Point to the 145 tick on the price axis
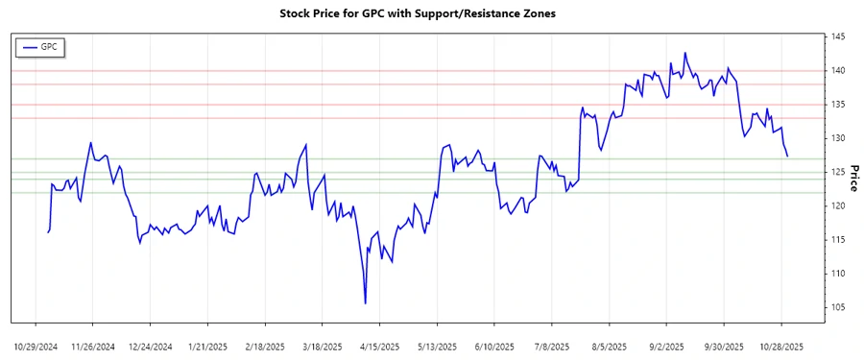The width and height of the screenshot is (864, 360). pyautogui.click(x=838, y=37)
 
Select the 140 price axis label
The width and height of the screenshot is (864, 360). pyautogui.click(x=838, y=71)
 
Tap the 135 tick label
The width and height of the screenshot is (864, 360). pyautogui.click(x=838, y=105)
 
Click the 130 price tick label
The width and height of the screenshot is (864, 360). pyautogui.click(x=838, y=138)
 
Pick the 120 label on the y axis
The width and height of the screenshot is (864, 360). pyautogui.click(x=838, y=206)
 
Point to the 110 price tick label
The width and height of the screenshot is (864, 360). pyautogui.click(x=838, y=274)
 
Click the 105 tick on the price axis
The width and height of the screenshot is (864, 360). pyautogui.click(x=838, y=307)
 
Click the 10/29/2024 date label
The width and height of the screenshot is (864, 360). pyautogui.click(x=36, y=346)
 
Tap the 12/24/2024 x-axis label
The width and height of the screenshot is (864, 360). pyautogui.click(x=150, y=346)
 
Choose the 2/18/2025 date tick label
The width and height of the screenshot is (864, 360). pyautogui.click(x=265, y=346)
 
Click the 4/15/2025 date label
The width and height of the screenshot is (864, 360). pyautogui.click(x=379, y=346)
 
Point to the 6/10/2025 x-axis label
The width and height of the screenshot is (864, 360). pyautogui.click(x=494, y=346)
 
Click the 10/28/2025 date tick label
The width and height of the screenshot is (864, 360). pyautogui.click(x=781, y=346)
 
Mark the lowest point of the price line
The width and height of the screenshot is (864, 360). pyautogui.click(x=366, y=303)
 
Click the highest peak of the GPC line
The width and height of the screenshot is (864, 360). pyautogui.click(x=684, y=53)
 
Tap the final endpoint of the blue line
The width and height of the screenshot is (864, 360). pyautogui.click(x=787, y=156)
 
